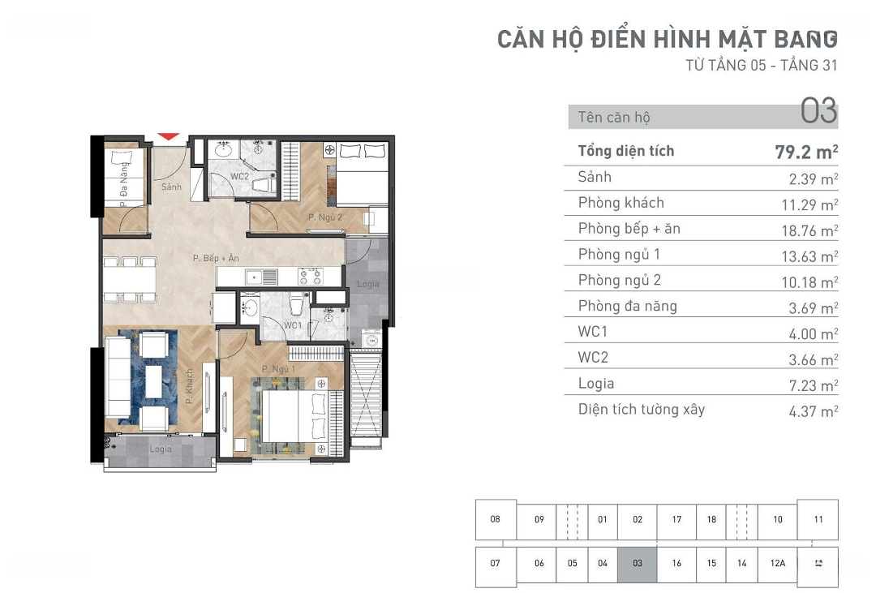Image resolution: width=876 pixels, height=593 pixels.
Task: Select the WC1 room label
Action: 293,325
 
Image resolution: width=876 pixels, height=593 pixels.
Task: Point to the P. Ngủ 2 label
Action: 324,217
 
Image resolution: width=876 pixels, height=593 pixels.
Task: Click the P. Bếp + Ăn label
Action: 216,258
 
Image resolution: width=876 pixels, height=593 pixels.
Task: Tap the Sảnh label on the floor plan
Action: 171,187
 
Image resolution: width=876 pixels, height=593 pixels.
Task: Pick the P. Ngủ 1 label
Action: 278,370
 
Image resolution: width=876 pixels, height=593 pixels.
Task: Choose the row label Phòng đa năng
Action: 627,306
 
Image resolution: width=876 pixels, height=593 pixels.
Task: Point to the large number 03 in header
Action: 818,111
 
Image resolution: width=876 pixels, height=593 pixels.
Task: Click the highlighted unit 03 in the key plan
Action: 638,563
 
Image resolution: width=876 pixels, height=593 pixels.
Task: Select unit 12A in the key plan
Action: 777,563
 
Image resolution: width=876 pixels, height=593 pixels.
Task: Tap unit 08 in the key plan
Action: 496,519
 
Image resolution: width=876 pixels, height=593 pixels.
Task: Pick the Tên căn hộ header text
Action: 614,118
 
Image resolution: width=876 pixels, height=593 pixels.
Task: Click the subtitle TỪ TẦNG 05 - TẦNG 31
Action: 761,66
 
